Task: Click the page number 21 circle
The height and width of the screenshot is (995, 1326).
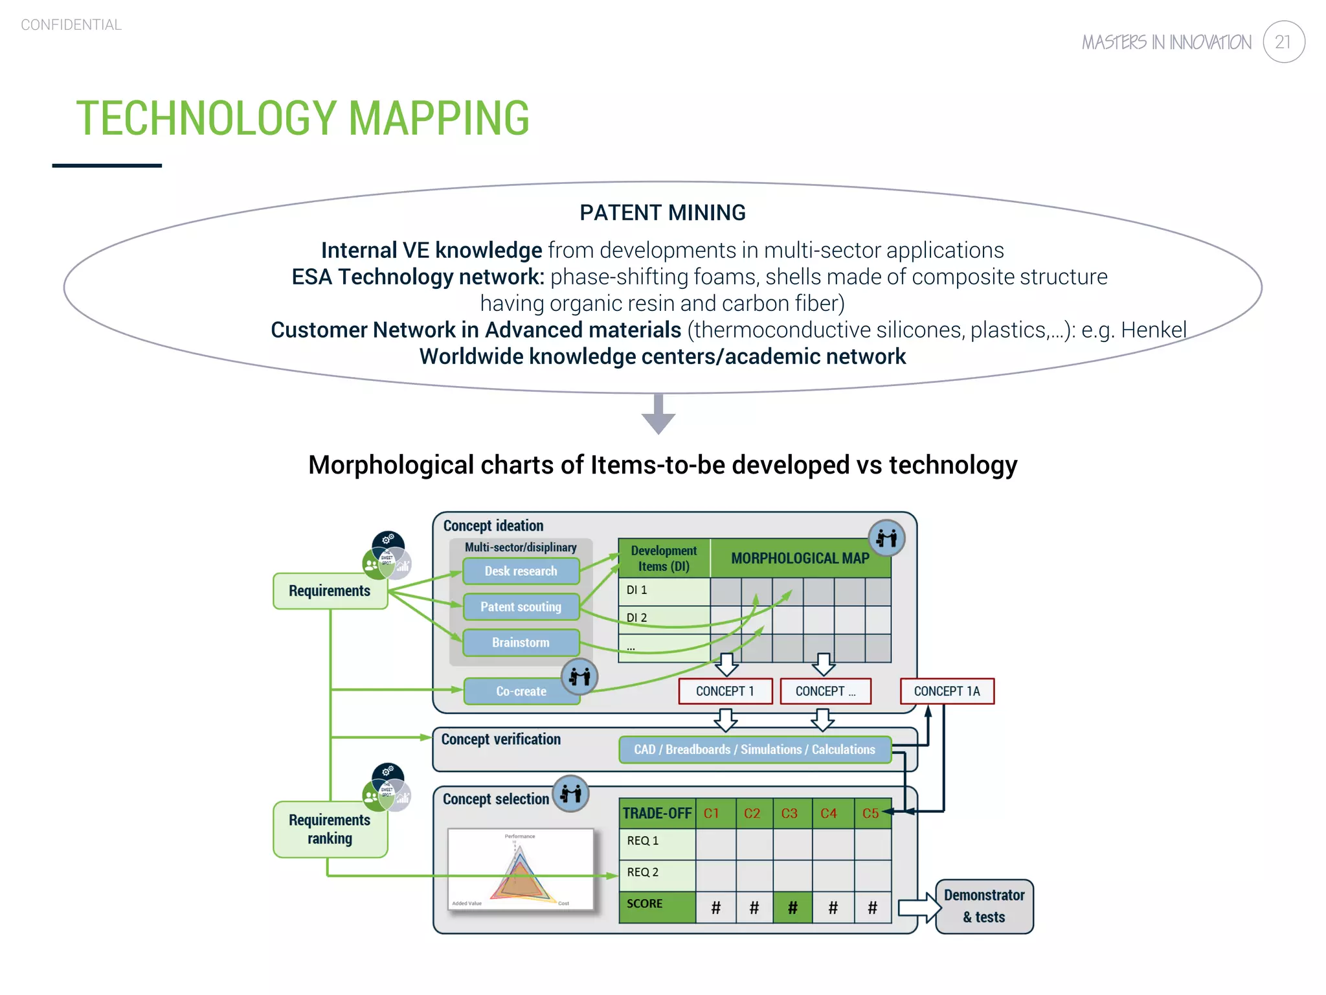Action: pyautogui.click(x=1283, y=42)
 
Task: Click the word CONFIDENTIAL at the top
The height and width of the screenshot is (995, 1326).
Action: pyautogui.click(x=71, y=25)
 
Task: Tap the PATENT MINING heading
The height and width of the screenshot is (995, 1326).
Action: pyautogui.click(x=662, y=212)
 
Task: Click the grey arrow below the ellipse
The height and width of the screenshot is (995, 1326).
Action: pyautogui.click(x=658, y=415)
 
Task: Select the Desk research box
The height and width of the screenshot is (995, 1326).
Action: pyautogui.click(x=521, y=571)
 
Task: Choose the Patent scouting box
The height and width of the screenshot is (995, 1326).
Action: pyautogui.click(x=521, y=607)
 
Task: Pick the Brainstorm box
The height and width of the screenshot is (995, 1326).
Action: pyautogui.click(x=521, y=643)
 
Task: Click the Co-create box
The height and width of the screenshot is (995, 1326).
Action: pyautogui.click(x=521, y=691)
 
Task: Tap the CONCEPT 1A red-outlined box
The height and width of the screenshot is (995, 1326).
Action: pyautogui.click(x=947, y=691)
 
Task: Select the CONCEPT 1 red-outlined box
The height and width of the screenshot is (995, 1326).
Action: pyautogui.click(x=725, y=691)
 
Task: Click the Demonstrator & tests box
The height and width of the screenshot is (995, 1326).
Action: pyautogui.click(x=984, y=906)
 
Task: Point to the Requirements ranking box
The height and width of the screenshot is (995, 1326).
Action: pyautogui.click(x=330, y=830)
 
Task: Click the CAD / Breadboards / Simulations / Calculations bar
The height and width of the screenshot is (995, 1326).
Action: pyautogui.click(x=754, y=749)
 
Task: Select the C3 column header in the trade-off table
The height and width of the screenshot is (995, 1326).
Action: pyautogui.click(x=789, y=814)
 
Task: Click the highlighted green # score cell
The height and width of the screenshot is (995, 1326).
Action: pyautogui.click(x=792, y=908)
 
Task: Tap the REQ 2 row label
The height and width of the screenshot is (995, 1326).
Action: pyautogui.click(x=643, y=873)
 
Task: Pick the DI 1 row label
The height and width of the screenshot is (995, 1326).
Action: pyautogui.click(x=637, y=590)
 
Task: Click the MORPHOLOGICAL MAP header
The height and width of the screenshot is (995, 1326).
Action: pyautogui.click(x=800, y=558)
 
